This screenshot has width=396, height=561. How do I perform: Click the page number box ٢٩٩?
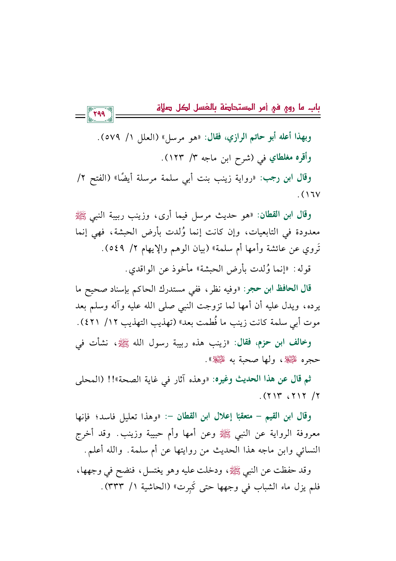click(100, 115)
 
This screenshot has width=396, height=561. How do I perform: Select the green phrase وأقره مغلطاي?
click(290, 158)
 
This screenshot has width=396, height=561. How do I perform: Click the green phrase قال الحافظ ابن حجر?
click(278, 289)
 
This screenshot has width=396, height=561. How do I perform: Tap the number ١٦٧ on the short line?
click(311, 194)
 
